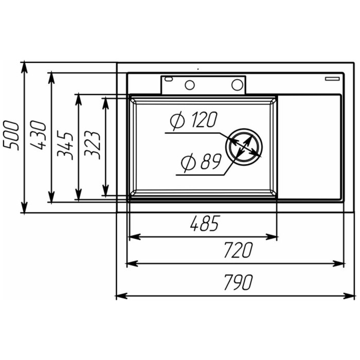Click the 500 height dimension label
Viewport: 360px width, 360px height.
point(11,135)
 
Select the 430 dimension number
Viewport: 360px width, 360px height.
point(38,135)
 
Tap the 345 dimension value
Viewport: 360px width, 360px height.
point(65,145)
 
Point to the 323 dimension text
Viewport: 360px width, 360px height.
point(92,145)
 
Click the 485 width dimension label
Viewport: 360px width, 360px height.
point(205,223)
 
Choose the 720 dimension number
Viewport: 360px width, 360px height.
point(238,250)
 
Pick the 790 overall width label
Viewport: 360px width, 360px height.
point(238,282)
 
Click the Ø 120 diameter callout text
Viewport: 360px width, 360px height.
point(193,120)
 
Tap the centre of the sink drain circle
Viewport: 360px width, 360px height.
point(244,147)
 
